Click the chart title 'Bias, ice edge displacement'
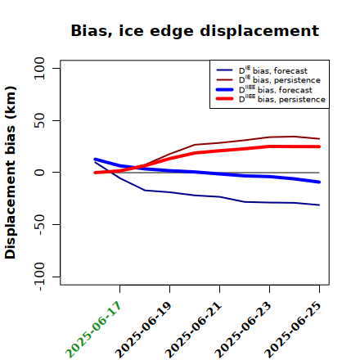[195, 31]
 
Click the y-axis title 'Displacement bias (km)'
[11, 173]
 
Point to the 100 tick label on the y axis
[39, 68]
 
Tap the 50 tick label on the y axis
[39, 120]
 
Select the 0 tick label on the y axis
[39, 173]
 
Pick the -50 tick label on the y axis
[39, 225]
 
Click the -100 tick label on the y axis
[39, 277]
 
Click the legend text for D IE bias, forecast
[273, 70]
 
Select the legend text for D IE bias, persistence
[280, 79]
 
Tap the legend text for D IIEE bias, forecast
[276, 89]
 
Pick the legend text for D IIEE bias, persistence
[282, 99]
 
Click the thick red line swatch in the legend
[225, 99]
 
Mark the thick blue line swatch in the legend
[225, 89]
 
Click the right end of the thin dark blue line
[319, 205]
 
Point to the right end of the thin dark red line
[319, 139]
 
